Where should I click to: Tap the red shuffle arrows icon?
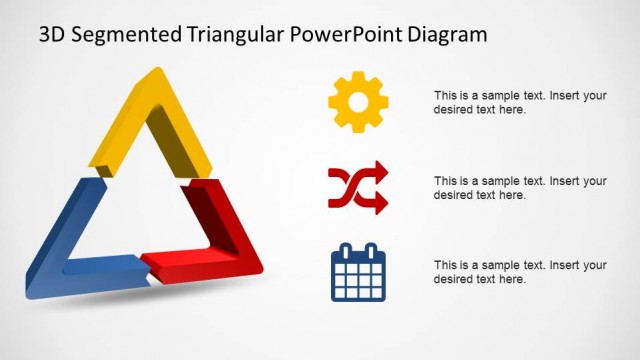coord(358,187)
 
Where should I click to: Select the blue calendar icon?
coord(358,272)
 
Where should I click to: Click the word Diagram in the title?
coord(449,35)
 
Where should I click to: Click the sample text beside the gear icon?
coord(520,103)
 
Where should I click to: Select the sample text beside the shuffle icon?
coord(520,188)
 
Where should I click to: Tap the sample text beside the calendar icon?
coord(520,272)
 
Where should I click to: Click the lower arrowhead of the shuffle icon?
coord(381,201)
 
